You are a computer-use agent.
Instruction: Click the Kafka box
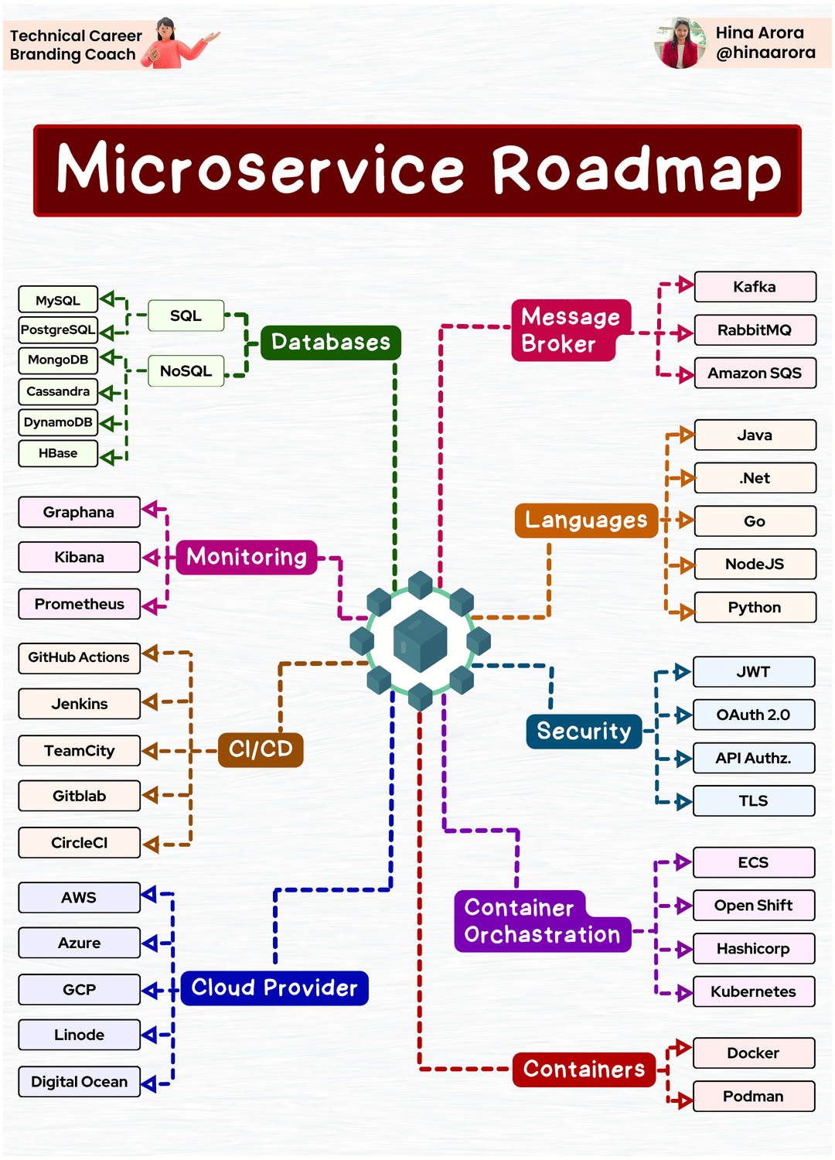tap(755, 287)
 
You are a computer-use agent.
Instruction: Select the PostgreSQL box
tap(58, 329)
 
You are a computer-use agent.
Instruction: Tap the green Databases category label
tap(331, 342)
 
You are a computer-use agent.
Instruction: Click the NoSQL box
tap(186, 371)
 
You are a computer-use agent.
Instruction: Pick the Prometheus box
tap(79, 604)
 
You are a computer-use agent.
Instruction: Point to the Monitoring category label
tap(247, 557)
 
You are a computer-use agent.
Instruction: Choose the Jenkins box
tap(79, 704)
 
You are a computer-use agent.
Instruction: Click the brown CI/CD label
tap(261, 749)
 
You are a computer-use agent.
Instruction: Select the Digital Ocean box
tap(79, 1082)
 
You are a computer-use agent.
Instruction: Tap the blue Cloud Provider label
tap(274, 988)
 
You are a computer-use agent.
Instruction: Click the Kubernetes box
tap(753, 992)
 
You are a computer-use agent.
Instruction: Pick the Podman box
tap(753, 1097)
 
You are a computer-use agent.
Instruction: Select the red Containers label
tap(584, 1070)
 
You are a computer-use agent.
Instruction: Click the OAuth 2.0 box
tap(753, 715)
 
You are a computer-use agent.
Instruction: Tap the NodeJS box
tap(755, 565)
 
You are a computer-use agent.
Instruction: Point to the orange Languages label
tap(586, 520)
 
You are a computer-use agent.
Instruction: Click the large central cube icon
tap(420, 641)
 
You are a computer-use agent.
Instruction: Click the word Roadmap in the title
tap(636, 170)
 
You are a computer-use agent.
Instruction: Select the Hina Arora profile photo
tap(680, 44)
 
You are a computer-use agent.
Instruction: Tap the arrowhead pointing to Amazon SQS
tap(685, 376)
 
